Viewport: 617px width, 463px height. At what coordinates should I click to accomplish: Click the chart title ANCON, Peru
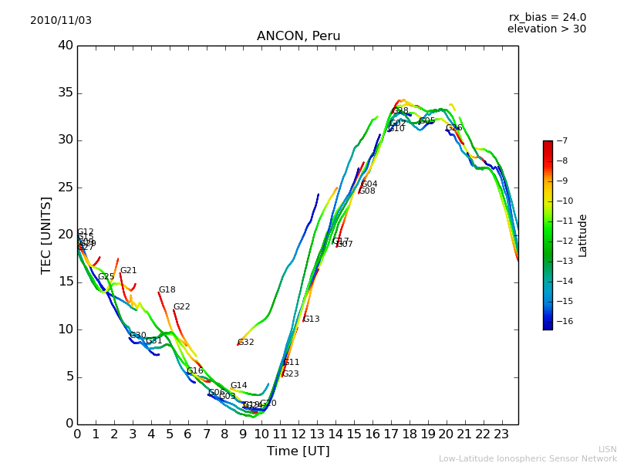(x=298, y=36)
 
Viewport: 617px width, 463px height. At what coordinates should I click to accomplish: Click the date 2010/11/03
(x=61, y=21)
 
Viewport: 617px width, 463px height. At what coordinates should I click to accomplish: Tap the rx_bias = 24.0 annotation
(x=547, y=18)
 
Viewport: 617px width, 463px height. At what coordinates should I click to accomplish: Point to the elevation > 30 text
(x=546, y=29)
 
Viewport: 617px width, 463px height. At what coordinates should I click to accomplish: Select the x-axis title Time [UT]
(x=298, y=451)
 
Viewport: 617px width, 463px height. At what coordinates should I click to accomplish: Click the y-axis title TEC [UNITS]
(x=46, y=235)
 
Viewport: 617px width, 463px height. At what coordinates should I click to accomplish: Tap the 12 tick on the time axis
(x=298, y=434)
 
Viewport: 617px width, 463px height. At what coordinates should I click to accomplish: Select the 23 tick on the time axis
(x=501, y=434)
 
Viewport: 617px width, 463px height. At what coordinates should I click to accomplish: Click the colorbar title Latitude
(x=583, y=235)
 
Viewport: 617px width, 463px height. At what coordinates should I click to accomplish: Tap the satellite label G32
(x=245, y=343)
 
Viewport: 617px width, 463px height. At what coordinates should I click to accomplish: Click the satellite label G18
(x=167, y=290)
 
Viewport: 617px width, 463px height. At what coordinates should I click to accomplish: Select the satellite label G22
(x=181, y=307)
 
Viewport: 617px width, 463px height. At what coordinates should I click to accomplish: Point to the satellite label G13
(x=311, y=319)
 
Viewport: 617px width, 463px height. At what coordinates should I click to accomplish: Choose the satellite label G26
(x=453, y=128)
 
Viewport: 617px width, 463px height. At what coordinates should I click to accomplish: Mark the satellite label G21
(x=128, y=271)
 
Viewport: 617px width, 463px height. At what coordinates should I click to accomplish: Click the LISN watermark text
(x=607, y=449)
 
